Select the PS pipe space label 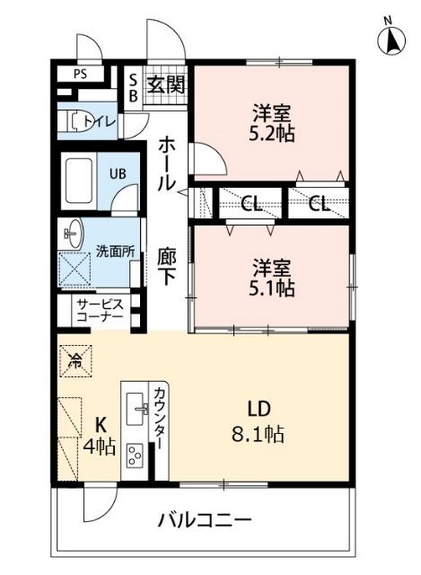81,74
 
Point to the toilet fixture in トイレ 74,121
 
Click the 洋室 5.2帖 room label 272,122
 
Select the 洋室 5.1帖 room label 272,278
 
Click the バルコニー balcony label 206,519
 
